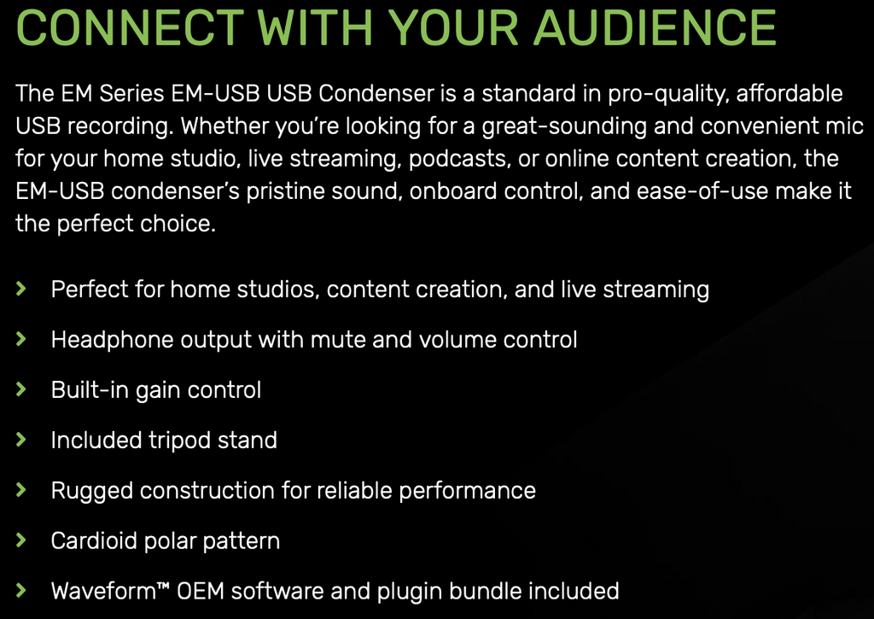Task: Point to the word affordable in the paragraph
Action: coord(790,93)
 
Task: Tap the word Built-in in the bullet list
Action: coord(90,390)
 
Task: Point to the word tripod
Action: coord(179,441)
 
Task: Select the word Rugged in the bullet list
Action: coord(91,491)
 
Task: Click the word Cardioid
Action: coord(94,540)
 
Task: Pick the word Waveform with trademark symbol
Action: coord(110,591)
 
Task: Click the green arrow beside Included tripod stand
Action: coord(21,440)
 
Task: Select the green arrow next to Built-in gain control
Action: coord(21,389)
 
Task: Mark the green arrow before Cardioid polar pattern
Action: coord(21,540)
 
